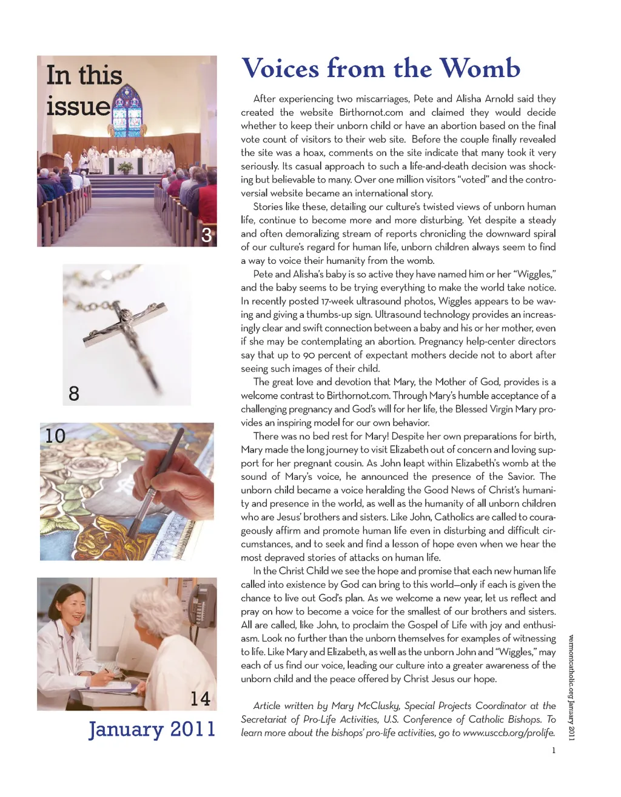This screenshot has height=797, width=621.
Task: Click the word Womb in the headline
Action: click(480, 69)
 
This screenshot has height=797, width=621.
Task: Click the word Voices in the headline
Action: click(280, 69)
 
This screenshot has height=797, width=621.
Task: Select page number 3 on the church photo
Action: click(206, 235)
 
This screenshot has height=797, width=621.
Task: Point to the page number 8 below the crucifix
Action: click(74, 394)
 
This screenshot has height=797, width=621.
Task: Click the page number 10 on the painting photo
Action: click(55, 435)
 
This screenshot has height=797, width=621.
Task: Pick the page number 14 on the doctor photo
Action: click(200, 698)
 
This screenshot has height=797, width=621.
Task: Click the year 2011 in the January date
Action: click(192, 728)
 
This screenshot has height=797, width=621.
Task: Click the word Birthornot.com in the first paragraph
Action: click(371, 112)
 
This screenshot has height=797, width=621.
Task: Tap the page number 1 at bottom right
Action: click(553, 750)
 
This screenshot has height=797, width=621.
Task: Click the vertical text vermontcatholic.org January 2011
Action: click(571, 686)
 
